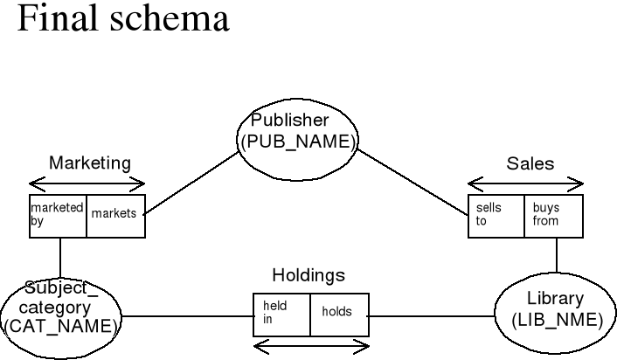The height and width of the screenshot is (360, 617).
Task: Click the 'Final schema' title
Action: (122, 19)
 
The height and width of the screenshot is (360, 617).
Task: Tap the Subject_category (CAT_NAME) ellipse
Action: (60, 309)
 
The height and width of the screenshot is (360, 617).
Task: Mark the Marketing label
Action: (89, 163)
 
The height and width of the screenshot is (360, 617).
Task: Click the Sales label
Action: (530, 164)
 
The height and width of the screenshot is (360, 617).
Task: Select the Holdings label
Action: (308, 276)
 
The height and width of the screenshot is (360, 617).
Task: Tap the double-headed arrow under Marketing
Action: (87, 183)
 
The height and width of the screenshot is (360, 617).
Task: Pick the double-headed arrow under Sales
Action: (526, 183)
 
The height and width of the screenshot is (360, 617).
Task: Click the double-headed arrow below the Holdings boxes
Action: (311, 350)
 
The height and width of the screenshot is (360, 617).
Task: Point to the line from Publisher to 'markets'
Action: (192, 183)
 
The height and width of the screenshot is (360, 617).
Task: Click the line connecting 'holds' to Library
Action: (432, 315)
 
